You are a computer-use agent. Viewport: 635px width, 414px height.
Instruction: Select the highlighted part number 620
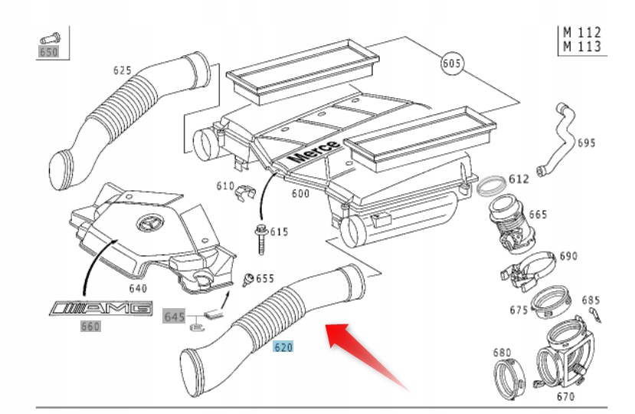[283, 347]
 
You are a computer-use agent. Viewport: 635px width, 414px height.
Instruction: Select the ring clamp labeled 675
[551, 302]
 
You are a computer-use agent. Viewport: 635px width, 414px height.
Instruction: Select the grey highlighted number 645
[175, 316]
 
